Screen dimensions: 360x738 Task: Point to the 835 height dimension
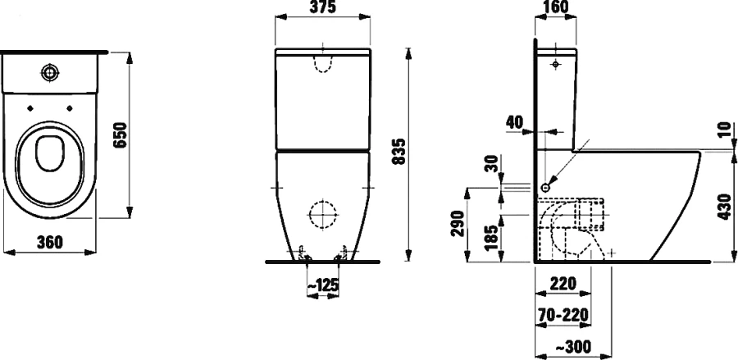coord(399,151)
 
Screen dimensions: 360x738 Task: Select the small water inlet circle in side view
coord(545,186)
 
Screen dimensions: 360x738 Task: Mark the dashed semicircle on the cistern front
coord(324,65)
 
